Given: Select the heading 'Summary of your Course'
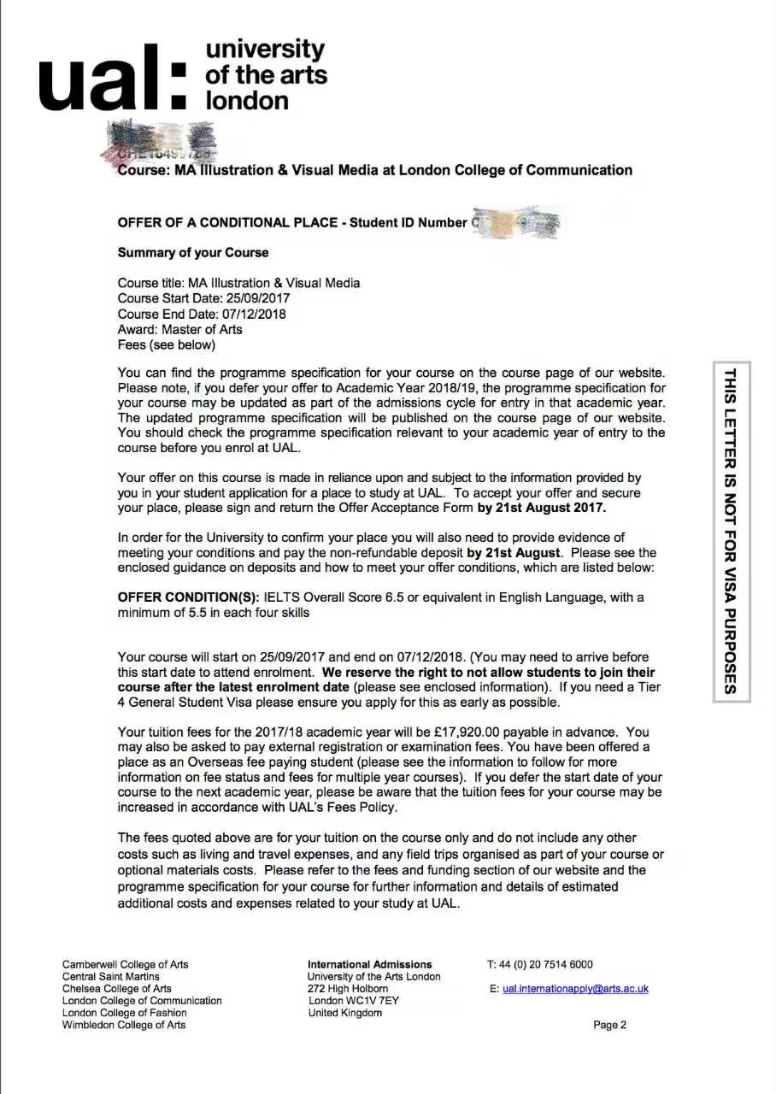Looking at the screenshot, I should [193, 253].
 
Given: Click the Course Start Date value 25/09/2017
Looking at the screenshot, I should [257, 298].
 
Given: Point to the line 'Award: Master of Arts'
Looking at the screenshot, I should [179, 329].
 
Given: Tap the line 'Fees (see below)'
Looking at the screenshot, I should [166, 344].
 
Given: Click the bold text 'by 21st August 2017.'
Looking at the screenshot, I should [541, 508].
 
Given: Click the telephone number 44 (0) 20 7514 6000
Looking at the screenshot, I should [546, 964].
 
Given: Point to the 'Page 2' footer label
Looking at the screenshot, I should [609, 1025].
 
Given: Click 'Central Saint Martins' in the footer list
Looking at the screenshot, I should [110, 976].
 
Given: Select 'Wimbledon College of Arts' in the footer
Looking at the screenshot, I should [124, 1025].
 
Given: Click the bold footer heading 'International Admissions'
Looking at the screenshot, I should [369, 964].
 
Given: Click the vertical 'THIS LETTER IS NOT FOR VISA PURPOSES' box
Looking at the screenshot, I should [731, 531].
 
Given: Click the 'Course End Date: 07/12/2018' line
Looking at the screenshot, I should [202, 314].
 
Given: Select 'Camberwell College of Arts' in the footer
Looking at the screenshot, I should [125, 964].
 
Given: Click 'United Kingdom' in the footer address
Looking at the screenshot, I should [345, 1013].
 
